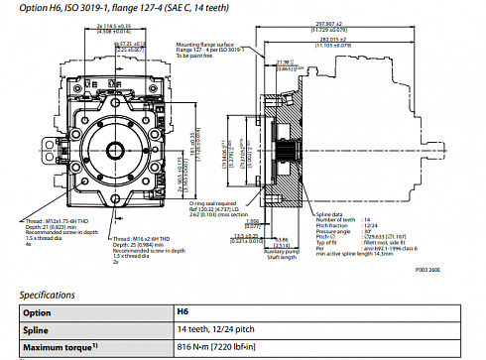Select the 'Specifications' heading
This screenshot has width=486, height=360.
[x=49, y=294]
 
